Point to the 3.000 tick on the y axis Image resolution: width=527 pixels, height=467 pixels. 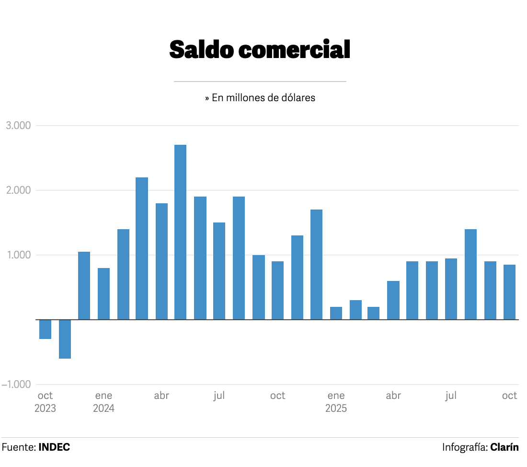point(18,126)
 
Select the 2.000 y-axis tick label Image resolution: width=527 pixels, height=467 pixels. point(18,190)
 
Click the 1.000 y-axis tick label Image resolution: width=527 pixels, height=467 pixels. point(18,255)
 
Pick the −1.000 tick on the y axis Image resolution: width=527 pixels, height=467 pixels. point(16,385)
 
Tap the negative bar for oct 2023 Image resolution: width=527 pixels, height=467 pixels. point(45,329)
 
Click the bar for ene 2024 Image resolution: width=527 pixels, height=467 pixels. point(103,293)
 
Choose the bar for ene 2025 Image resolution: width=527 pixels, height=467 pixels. point(336,313)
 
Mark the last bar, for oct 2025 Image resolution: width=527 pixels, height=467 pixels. point(509,292)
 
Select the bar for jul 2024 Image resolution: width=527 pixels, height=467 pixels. point(219,271)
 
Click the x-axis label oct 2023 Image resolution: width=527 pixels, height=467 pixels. point(45,402)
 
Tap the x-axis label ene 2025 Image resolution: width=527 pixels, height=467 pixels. point(336,402)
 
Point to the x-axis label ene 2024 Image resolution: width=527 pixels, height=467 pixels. point(103,402)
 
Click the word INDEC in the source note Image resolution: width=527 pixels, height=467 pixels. point(54,447)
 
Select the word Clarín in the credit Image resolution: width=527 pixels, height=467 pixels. point(504,447)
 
